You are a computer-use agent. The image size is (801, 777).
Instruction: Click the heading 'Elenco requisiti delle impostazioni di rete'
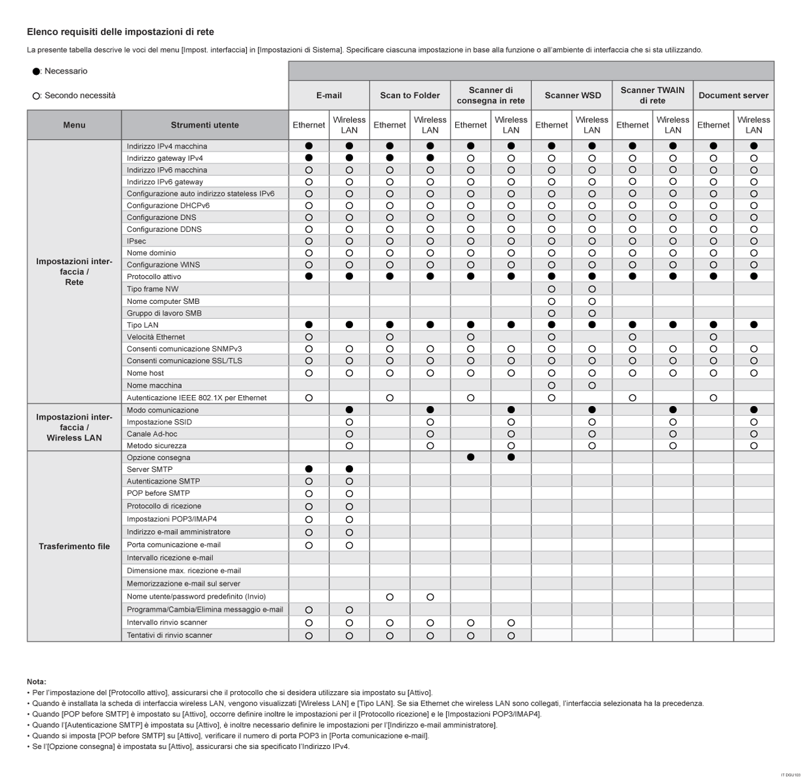click(x=120, y=32)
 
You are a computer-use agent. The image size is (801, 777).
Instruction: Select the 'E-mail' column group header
click(x=329, y=96)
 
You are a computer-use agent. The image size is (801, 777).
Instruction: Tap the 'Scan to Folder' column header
click(x=410, y=96)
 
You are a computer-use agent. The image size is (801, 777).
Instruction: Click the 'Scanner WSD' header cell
click(x=572, y=96)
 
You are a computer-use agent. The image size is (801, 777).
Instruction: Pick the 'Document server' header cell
click(x=733, y=96)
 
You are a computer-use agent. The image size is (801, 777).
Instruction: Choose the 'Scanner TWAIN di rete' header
click(x=653, y=96)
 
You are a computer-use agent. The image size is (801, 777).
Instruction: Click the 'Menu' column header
click(x=74, y=125)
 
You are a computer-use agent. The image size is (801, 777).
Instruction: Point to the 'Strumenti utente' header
click(x=204, y=125)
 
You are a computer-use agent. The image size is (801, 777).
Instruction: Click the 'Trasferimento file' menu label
click(x=74, y=547)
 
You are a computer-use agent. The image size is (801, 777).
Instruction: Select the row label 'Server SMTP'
click(x=150, y=469)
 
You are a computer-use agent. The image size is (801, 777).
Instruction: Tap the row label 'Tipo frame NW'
click(x=152, y=289)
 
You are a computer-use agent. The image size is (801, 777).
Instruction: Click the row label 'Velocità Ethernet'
click(x=156, y=337)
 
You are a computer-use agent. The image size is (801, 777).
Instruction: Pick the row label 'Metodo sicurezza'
click(x=156, y=446)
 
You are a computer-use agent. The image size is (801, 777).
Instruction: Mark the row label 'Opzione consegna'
click(x=158, y=457)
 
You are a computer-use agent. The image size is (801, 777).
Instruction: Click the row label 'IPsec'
click(x=136, y=241)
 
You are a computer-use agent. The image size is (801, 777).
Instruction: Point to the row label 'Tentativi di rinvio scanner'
click(x=169, y=635)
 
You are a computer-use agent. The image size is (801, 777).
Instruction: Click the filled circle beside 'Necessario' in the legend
click(x=36, y=72)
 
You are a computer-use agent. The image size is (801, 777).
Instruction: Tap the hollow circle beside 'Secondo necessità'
click(x=36, y=96)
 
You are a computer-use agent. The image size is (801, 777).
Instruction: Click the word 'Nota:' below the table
click(x=36, y=681)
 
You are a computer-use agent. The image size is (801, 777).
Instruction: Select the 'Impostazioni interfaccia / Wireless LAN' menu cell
click(x=74, y=428)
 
